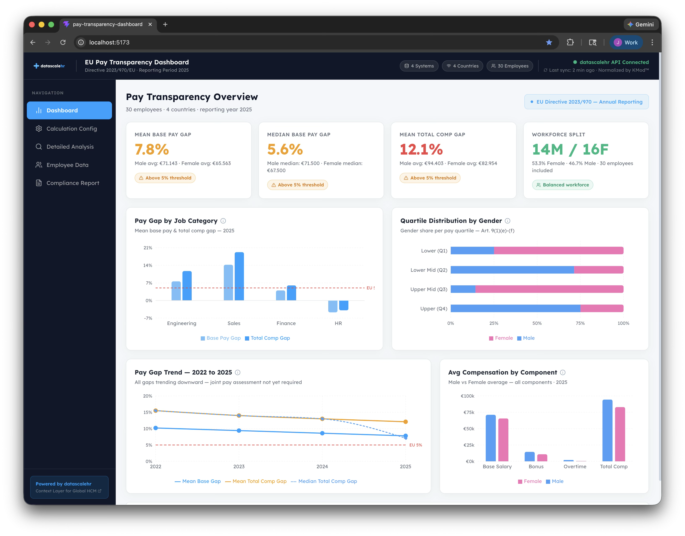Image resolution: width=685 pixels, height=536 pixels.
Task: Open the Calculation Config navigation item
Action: tap(71, 129)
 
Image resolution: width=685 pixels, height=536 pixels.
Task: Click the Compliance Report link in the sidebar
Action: tap(73, 183)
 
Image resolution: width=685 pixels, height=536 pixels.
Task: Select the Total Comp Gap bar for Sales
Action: tap(239, 276)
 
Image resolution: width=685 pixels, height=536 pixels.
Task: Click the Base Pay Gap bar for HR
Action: tap(333, 306)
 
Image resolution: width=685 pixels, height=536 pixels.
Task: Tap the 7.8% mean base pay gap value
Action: tap(152, 149)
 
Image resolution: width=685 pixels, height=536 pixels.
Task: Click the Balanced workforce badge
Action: tap(562, 185)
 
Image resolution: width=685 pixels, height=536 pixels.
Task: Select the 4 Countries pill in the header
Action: tap(462, 66)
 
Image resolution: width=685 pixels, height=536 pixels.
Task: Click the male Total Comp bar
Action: tap(607, 430)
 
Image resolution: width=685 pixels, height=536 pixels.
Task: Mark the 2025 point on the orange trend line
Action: tap(405, 422)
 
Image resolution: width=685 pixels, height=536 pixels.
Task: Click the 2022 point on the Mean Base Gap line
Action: tap(156, 428)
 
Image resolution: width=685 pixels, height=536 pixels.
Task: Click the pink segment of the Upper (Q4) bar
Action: tap(602, 308)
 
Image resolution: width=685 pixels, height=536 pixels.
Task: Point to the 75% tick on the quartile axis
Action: tap(580, 323)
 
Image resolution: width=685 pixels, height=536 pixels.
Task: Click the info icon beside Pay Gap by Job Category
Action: tap(223, 221)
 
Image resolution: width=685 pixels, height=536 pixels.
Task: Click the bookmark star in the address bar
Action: tap(549, 42)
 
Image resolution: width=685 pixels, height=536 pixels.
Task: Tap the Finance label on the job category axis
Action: tap(286, 323)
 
